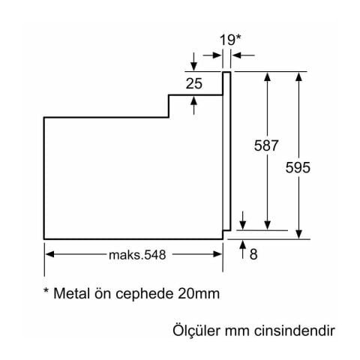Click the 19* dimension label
[x=230, y=39]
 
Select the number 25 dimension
[x=194, y=84]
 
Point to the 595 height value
[x=298, y=169]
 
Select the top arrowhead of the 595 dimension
[x=299, y=76]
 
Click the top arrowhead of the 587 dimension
[x=266, y=76]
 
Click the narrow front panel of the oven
[x=226, y=150]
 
